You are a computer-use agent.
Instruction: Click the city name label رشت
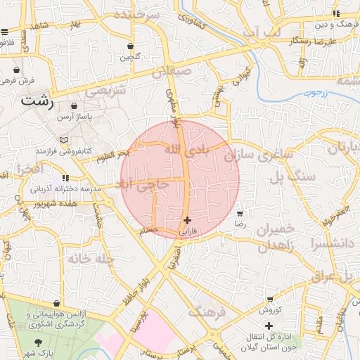37,101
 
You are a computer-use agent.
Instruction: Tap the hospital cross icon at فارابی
186,220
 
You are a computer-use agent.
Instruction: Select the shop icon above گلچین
130,46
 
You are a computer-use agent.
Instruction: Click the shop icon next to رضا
240,213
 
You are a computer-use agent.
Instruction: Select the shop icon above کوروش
269,300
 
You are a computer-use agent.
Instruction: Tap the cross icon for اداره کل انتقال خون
269,325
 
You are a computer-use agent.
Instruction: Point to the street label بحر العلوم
114,154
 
